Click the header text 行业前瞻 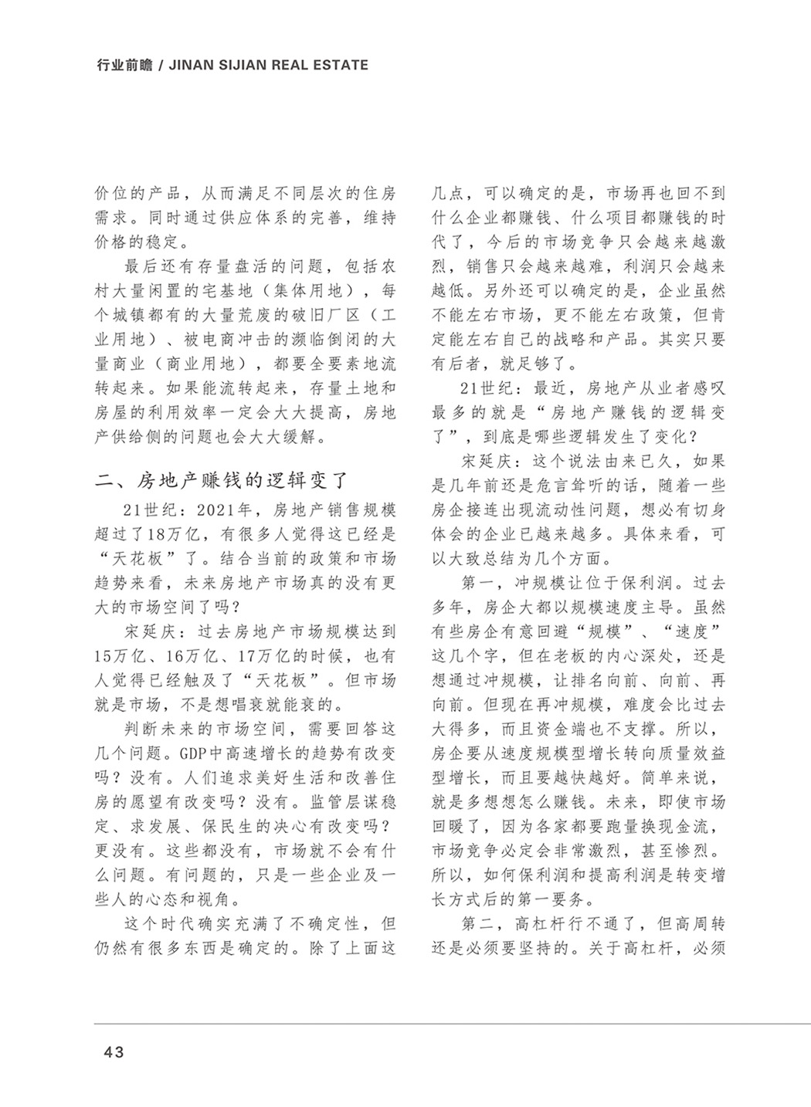[120, 66]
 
